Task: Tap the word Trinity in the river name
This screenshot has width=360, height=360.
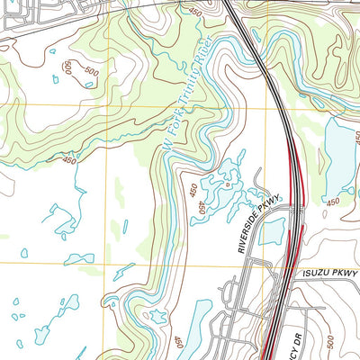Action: click(192, 78)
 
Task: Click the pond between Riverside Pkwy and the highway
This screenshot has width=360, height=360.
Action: click(269, 232)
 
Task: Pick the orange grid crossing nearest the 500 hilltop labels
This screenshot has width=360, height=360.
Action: click(106, 104)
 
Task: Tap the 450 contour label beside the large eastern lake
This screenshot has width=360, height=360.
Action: click(332, 202)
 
